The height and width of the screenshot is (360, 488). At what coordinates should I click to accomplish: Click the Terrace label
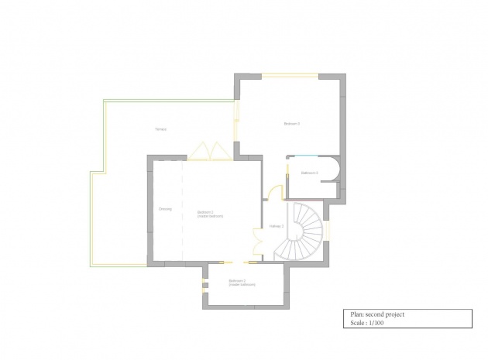(161, 129)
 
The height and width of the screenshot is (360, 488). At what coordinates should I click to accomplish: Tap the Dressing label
(165, 209)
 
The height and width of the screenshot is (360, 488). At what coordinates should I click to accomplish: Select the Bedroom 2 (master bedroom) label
(210, 214)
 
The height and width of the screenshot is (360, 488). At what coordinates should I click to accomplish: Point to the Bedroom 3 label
(291, 124)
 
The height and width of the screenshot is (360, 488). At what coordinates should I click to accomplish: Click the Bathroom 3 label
(310, 173)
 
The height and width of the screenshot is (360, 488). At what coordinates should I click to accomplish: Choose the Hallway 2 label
(277, 226)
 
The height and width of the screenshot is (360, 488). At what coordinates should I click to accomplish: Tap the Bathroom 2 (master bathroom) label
(242, 283)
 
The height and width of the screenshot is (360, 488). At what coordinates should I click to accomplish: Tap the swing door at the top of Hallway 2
(273, 194)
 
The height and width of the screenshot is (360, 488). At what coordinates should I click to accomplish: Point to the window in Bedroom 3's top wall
(290, 75)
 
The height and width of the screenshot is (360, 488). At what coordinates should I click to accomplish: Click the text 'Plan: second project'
(377, 314)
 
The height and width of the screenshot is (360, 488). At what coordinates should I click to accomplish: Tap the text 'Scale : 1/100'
(368, 323)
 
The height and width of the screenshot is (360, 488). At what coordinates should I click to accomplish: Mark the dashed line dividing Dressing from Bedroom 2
(183, 209)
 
